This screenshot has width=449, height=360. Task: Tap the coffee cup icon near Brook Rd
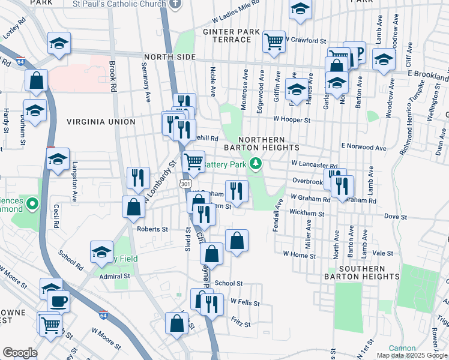[58, 301]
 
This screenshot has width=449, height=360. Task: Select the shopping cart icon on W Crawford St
[274, 41]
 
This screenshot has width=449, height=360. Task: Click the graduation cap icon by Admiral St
[102, 251]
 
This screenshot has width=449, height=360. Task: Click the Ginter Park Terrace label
[231, 35]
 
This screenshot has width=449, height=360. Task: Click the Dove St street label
[396, 217]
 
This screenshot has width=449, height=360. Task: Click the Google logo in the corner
[20, 353]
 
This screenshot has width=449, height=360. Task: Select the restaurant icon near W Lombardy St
[139, 178]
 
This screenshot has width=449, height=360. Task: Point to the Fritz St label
[240, 323]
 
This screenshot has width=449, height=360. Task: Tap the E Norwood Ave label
[364, 146]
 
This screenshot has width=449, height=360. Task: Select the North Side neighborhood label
[170, 57]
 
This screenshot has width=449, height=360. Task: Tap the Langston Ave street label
[76, 181]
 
